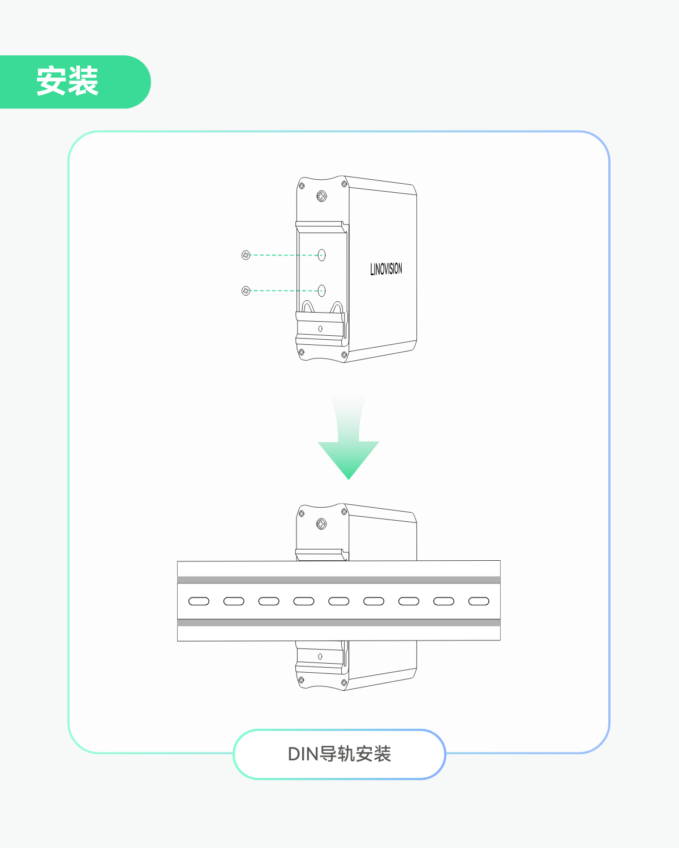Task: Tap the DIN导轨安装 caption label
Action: coord(339,754)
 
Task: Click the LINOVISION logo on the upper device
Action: coord(386,269)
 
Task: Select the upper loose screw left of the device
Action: coord(246,255)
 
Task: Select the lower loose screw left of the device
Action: coord(246,291)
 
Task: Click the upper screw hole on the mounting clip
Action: coord(321,255)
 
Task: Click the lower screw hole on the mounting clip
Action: coord(321,291)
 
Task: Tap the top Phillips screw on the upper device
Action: coord(321,197)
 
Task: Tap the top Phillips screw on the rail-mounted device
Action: coord(321,524)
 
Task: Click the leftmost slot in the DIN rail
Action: coord(199,601)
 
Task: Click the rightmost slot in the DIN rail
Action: coord(479,601)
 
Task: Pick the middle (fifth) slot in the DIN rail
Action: coord(339,601)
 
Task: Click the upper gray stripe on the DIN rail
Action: coord(338,580)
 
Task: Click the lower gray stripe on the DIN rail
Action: coord(338,622)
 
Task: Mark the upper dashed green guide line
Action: coord(283,255)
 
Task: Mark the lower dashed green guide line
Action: coord(283,291)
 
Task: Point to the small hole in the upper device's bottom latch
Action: coord(321,328)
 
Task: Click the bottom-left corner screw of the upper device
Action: coord(301,352)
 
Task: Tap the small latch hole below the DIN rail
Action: coord(320,656)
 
